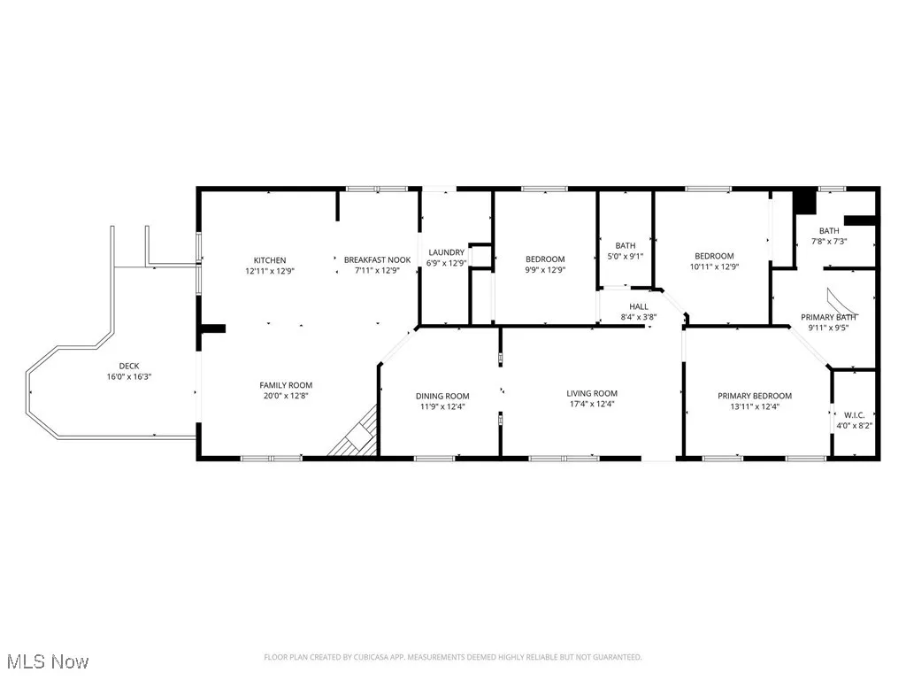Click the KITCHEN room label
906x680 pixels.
[269, 260]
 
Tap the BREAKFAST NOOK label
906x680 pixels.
[378, 260]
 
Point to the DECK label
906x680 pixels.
[129, 366]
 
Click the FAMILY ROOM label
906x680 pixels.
[286, 385]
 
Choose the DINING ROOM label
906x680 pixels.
[442, 396]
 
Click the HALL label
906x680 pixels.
[638, 306]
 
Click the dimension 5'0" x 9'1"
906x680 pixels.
[626, 257]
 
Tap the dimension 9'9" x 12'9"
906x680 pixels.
[545, 270]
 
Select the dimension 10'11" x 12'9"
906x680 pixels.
[713, 267]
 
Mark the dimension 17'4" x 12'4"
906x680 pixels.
[592, 405]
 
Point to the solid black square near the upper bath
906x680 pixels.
[803, 201]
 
